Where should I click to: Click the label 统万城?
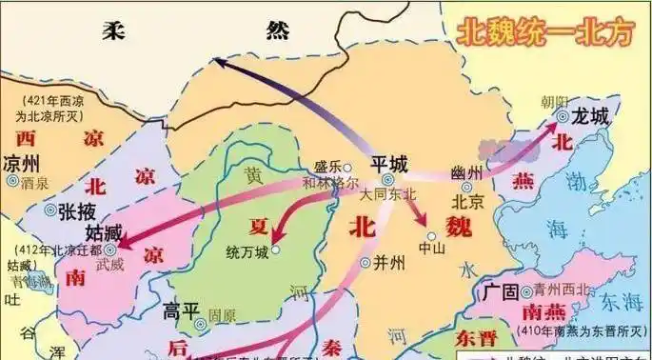point(247,251)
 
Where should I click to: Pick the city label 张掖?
point(76,210)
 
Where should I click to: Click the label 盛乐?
point(327,163)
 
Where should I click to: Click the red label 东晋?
point(476,338)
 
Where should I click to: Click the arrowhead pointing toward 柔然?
point(219,63)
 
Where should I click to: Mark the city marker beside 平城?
point(388,179)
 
